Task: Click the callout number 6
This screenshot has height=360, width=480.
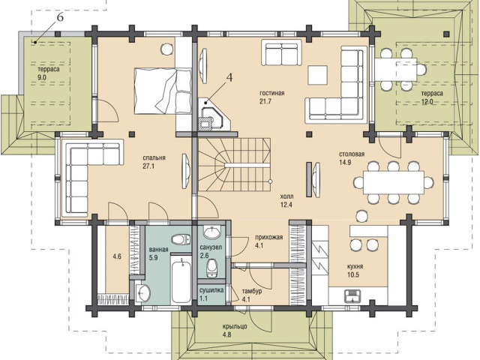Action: coord(60,17)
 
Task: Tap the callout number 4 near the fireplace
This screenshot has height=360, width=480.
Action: coord(229,78)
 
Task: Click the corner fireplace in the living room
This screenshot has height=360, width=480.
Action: coord(214,115)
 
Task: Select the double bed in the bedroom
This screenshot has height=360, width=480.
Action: coord(163,91)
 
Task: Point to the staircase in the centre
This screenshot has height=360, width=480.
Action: coord(234,165)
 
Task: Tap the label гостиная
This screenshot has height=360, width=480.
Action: coord(271,93)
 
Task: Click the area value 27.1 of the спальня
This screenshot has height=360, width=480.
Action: coord(148,166)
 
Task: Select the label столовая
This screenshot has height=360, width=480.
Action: coord(352,154)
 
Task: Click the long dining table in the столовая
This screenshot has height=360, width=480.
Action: coord(393,182)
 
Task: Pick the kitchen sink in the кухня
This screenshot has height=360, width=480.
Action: coord(353,295)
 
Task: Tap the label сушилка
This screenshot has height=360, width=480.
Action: coord(211,290)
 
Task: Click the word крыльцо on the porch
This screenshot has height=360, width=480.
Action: coord(235,327)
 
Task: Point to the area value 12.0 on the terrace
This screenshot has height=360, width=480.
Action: coord(427,102)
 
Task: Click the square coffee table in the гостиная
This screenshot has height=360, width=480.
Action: coord(318,75)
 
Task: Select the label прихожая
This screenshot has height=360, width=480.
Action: coord(269,237)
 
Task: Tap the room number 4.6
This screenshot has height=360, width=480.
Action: coord(117,256)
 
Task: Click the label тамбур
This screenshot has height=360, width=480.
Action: coord(252,291)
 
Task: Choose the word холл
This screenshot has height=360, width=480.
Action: coord(286,196)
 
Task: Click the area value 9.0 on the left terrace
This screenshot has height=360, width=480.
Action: coord(42,77)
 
